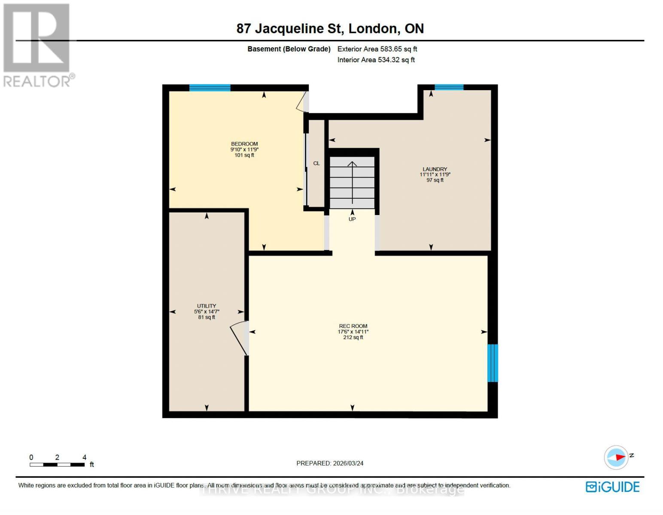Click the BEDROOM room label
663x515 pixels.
(x=244, y=144)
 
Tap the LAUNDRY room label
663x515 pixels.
(x=435, y=169)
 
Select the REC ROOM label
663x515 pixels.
(x=353, y=326)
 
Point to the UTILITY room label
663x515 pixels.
(x=207, y=306)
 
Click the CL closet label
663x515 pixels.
(x=316, y=163)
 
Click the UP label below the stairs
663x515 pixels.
(x=352, y=219)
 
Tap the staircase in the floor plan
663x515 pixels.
(x=352, y=182)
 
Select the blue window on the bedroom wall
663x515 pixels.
(x=210, y=88)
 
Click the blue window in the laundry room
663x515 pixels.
(x=449, y=87)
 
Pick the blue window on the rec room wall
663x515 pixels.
(x=493, y=363)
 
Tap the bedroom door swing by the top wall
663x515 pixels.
(x=302, y=102)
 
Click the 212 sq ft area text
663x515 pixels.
(x=353, y=337)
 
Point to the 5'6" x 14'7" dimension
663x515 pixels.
(x=207, y=312)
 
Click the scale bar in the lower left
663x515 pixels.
(x=57, y=464)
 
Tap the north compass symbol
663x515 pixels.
(x=617, y=457)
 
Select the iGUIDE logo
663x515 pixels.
(x=613, y=487)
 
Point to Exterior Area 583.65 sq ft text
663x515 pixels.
(x=377, y=49)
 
